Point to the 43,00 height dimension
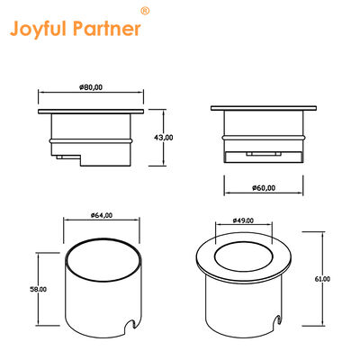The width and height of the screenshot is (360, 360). point(165,137)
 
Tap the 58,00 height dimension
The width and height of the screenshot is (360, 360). point(39,289)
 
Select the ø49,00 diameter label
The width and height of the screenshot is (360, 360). point(245,220)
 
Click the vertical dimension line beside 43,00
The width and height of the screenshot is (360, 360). point(149,137)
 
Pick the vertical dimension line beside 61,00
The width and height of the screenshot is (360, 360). point(321,280)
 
